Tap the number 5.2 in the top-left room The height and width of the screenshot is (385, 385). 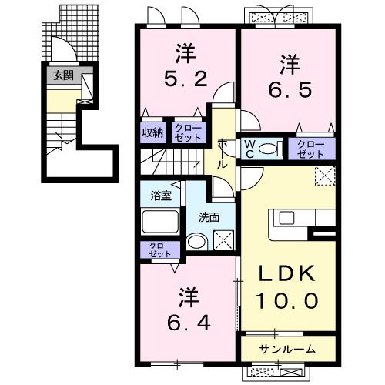pos(184,79)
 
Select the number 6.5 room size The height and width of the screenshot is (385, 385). pos(290,89)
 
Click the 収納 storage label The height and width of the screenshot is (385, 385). pos(152,132)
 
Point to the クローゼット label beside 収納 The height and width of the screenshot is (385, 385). pos(186,132)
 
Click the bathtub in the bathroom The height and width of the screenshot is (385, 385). pos(159,223)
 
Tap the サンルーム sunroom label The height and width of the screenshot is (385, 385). pos(287,350)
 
